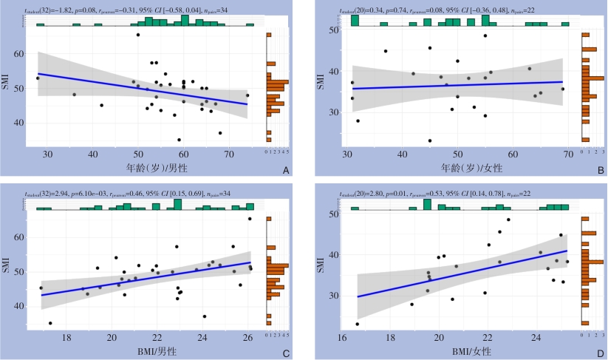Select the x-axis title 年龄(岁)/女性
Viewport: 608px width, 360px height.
pos(458,166)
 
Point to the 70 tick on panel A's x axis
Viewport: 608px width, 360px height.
pos(229,153)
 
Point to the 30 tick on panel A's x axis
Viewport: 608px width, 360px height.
pos(48,153)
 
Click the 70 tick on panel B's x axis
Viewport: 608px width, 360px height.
pos(568,153)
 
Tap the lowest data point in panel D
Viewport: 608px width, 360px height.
pos(358,324)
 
